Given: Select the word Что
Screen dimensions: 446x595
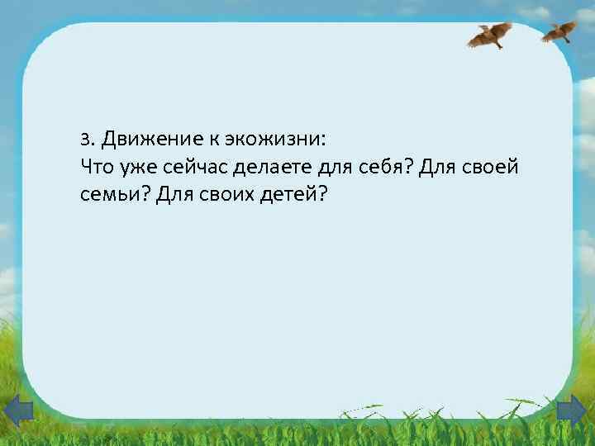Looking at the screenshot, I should (x=98, y=168).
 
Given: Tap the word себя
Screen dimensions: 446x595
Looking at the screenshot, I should (x=382, y=168).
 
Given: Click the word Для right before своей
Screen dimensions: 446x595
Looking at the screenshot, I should (x=439, y=168).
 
